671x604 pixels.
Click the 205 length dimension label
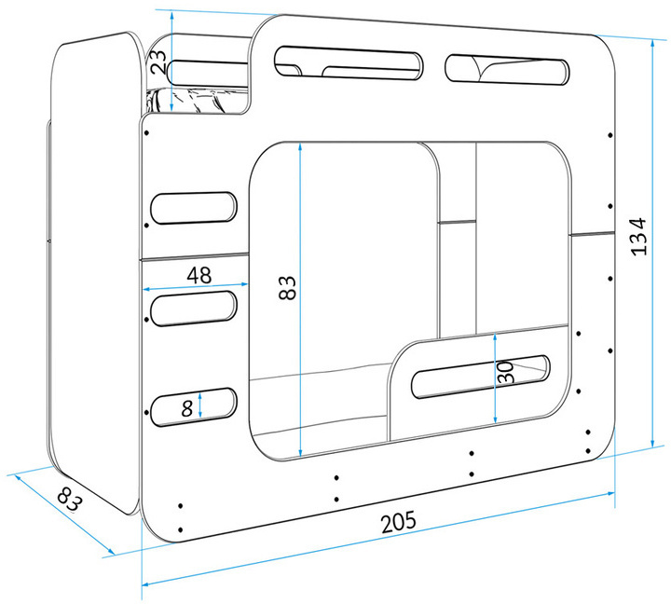pos(399,521)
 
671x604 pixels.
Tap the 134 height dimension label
pos(639,237)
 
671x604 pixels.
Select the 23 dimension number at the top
pos(157,62)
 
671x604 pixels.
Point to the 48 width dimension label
pos(199,275)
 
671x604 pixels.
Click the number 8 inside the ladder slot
pos(187,409)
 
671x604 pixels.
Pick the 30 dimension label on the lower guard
pos(505,372)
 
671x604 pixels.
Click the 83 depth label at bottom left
pos(68,499)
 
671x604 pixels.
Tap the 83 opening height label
pos(287,288)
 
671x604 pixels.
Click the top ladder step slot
pos(194,208)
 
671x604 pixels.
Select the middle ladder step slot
pos(194,309)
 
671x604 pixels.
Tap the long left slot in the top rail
pos(348,62)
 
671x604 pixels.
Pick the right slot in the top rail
pos(507,69)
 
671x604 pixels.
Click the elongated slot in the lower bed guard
pos(481,377)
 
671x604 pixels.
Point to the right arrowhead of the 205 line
pos(610,494)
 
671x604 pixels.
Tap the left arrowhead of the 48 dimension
pos(146,290)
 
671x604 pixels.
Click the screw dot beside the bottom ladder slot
pos(147,412)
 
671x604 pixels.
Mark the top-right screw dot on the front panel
pos(610,135)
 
